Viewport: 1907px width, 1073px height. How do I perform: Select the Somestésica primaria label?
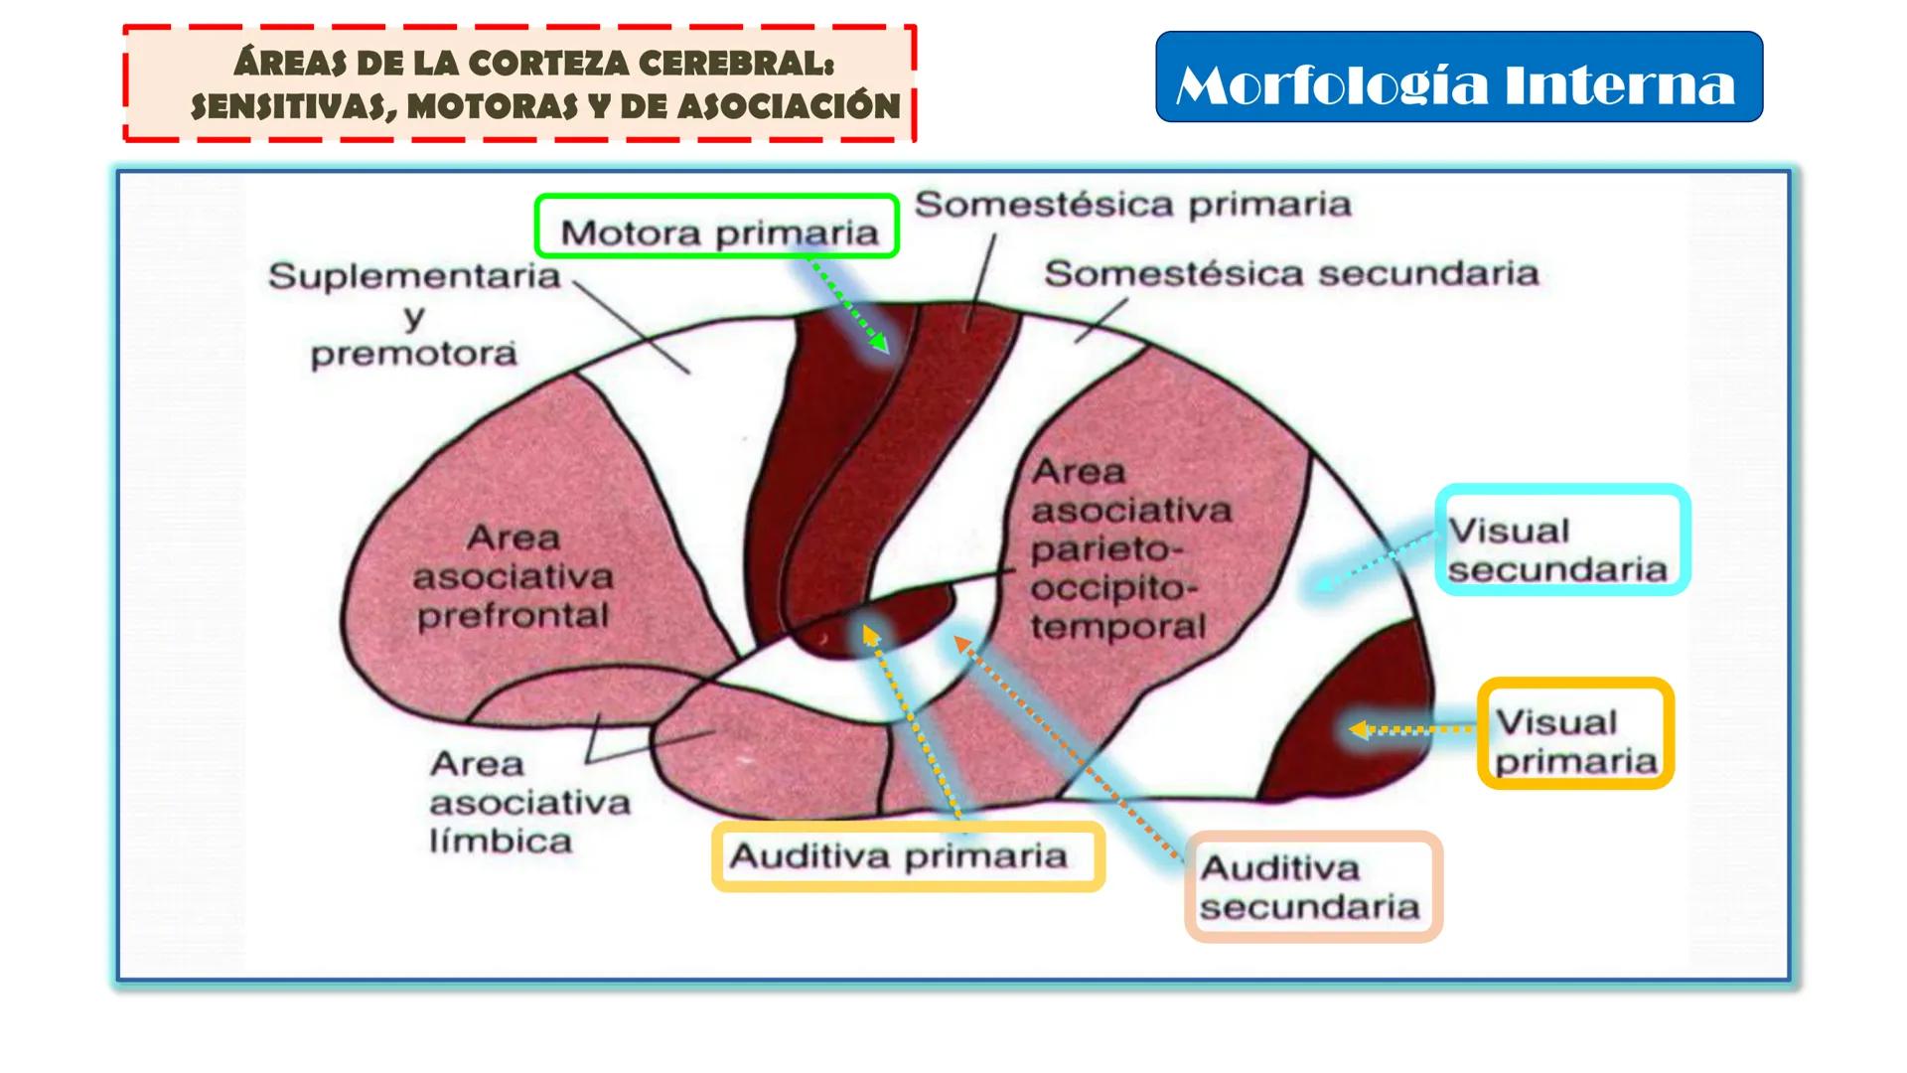1132,205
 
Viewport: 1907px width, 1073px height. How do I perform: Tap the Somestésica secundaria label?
1291,273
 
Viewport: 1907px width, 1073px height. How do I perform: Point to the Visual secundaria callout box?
1561,540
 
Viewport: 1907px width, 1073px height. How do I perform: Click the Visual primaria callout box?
1575,734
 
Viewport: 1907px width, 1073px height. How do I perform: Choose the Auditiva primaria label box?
908,855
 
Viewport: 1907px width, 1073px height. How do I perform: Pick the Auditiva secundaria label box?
1312,886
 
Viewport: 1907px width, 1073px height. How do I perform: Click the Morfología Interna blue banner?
1458,77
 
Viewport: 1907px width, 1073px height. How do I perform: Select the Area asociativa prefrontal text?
513,576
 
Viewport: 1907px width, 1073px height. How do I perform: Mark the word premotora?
414,354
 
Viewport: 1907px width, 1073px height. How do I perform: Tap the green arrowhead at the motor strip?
879,343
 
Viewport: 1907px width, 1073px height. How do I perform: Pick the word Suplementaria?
414,275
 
